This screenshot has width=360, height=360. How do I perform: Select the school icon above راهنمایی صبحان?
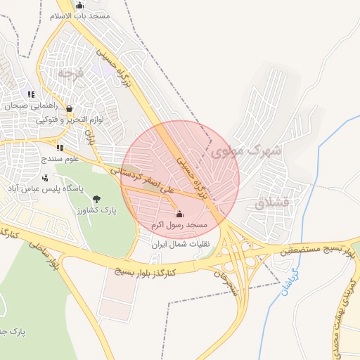(30, 94)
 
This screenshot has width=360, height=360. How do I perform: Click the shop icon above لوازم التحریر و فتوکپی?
(69, 109)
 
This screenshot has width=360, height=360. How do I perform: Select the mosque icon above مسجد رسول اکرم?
(179, 214)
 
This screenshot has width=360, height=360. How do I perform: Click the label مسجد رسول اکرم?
(179, 225)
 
